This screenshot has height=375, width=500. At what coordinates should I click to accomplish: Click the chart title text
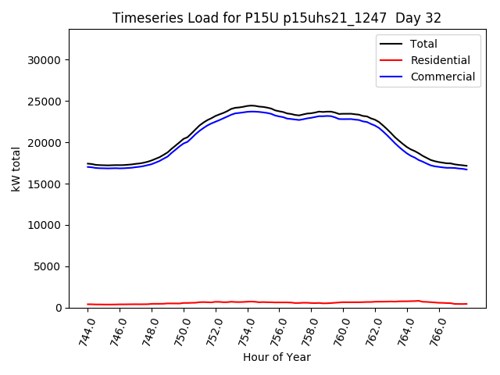pyautogui.click(x=277, y=18)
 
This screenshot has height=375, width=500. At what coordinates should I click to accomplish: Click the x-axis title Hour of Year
pyautogui.click(x=277, y=357)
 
